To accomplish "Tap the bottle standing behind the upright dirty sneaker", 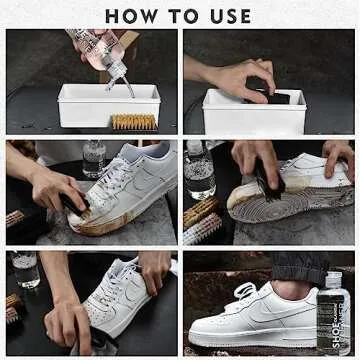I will (x=95, y=159).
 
